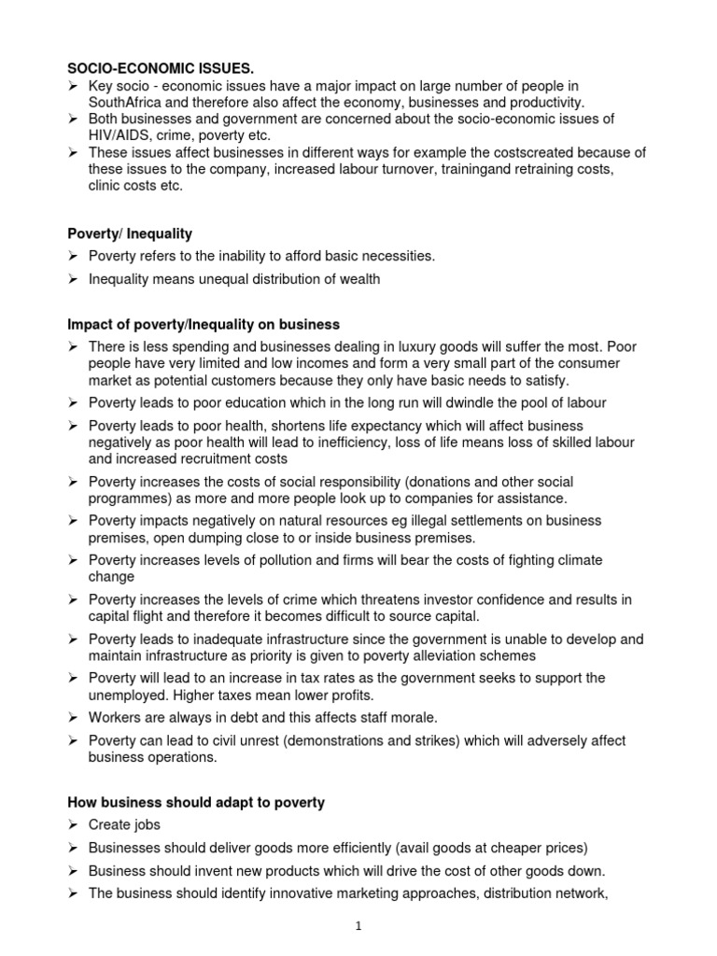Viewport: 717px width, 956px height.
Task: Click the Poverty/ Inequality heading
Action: [130, 232]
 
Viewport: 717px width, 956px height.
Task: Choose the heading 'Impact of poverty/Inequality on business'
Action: [204, 324]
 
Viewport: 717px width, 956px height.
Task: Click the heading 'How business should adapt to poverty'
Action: [195, 802]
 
